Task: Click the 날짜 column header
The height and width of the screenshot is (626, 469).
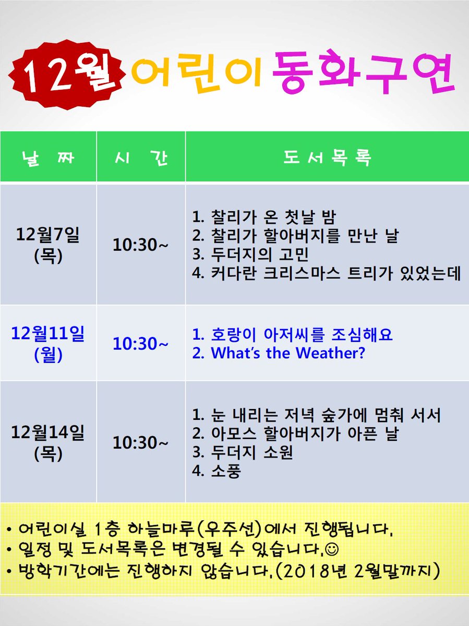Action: point(48,157)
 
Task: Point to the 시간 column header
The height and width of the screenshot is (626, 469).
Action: point(141,157)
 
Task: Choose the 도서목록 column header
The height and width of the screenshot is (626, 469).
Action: point(327,157)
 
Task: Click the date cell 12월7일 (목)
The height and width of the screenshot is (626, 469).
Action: point(48,244)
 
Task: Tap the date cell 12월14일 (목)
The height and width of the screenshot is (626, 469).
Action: point(48,442)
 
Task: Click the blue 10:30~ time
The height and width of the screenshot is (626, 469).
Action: point(141,344)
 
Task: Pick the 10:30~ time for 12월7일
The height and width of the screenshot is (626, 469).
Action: point(141,244)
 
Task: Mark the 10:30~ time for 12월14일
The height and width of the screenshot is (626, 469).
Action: point(141,442)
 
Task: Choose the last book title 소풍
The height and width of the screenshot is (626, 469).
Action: point(225,472)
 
